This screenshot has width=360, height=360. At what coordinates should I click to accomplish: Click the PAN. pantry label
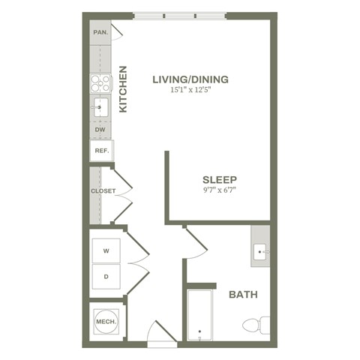[x=100, y=33]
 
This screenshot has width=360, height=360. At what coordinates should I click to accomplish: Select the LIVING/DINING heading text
[x=190, y=79]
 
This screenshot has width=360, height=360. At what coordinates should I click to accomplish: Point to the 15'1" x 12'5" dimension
[x=190, y=91]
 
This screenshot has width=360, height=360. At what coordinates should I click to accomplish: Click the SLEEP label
[x=220, y=179]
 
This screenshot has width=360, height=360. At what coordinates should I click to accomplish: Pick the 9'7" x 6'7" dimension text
[x=220, y=190]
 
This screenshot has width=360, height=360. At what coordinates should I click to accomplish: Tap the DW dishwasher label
[x=99, y=130]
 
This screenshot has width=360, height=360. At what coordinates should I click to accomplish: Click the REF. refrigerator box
[x=100, y=151]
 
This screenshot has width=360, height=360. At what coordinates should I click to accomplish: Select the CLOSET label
[x=103, y=191]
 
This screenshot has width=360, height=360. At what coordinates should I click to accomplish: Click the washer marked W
[x=106, y=250]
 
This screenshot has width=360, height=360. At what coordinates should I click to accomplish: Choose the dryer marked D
[x=106, y=276]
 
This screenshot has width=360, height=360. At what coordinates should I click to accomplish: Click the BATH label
[x=243, y=295]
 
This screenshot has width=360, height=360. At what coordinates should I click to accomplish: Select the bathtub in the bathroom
[x=199, y=315]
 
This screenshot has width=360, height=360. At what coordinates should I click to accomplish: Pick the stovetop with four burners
[x=100, y=83]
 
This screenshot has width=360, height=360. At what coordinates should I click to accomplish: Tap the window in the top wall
[x=180, y=15]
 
